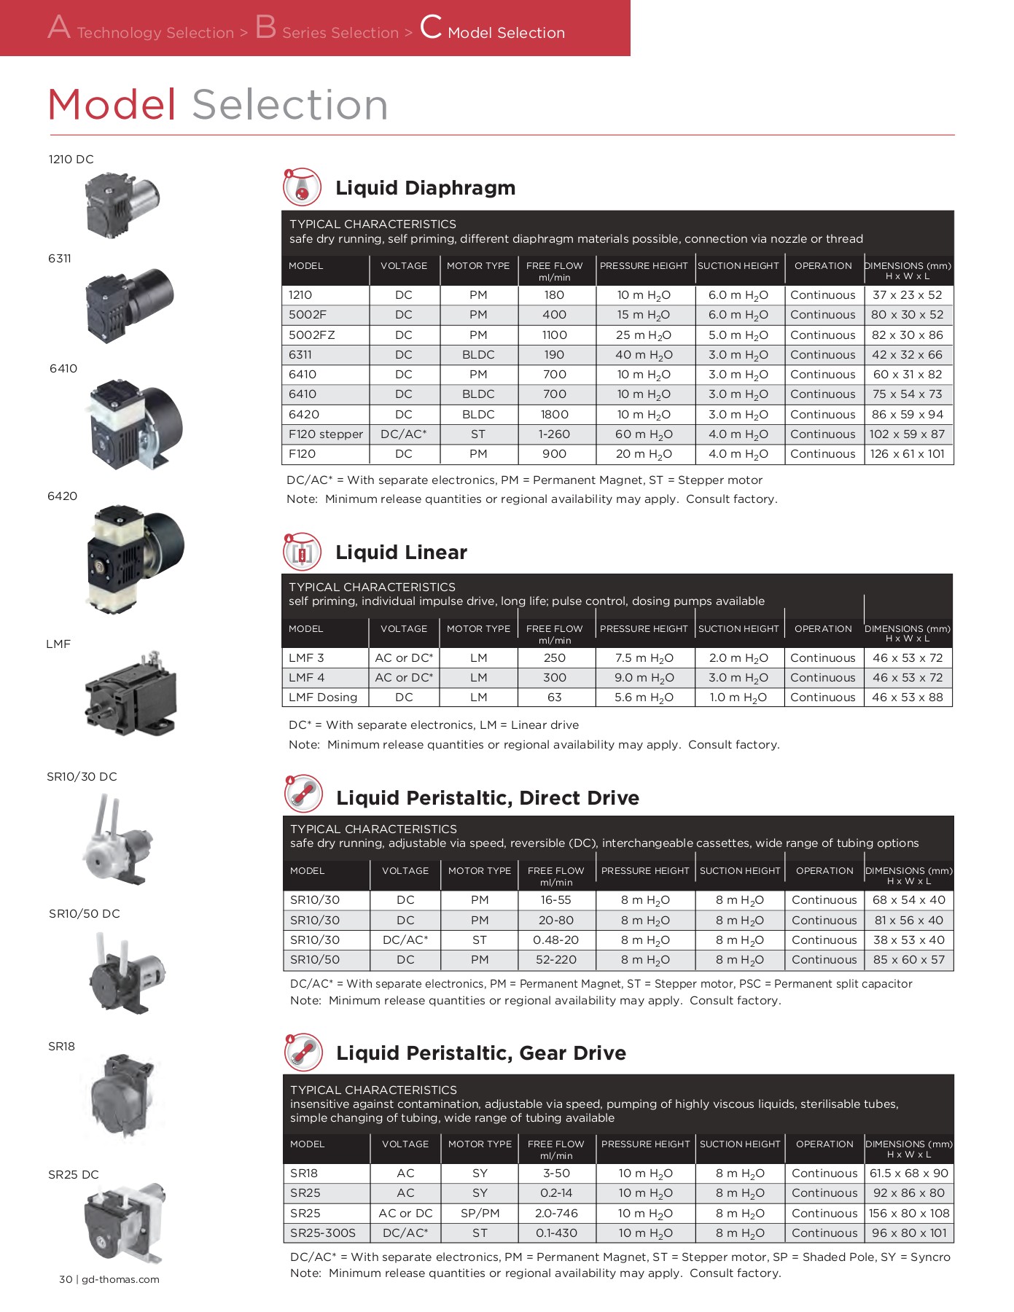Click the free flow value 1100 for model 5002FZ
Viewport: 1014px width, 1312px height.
tap(554, 335)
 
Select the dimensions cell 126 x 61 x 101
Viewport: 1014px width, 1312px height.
tap(908, 454)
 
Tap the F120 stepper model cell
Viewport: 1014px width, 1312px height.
tap(325, 434)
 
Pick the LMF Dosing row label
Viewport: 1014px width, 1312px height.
tap(323, 698)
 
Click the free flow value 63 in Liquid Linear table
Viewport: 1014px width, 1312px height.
tap(554, 698)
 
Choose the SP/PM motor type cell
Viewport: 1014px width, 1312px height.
tap(480, 1214)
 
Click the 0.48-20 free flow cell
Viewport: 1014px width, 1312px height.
tap(555, 940)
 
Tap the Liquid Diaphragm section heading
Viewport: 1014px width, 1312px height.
tap(425, 188)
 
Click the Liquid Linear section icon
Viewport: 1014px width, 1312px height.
tap(302, 552)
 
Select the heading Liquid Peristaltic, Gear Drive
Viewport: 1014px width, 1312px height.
tap(481, 1053)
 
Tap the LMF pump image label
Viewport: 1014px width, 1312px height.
tap(58, 644)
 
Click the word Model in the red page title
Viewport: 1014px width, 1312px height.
tap(112, 105)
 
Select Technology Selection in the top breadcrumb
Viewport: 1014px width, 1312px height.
tap(155, 33)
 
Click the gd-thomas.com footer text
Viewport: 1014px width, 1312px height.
tap(120, 1279)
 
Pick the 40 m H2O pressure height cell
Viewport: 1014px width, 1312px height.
tap(644, 355)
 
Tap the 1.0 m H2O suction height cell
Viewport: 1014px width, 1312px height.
tap(738, 698)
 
